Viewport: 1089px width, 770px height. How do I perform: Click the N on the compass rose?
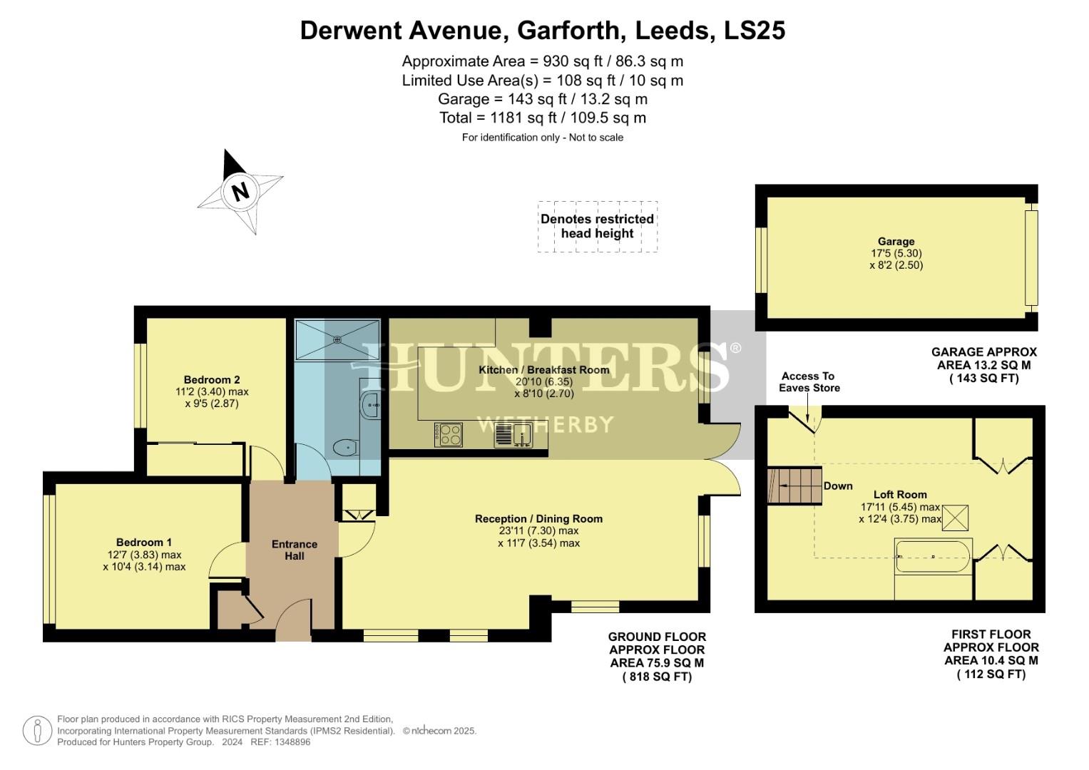click(x=240, y=191)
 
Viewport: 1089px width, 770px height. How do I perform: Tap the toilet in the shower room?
click(x=344, y=447)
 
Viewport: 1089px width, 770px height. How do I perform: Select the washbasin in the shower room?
click(x=371, y=405)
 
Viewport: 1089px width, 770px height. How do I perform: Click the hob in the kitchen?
click(x=449, y=434)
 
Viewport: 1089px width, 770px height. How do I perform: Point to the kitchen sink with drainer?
click(x=513, y=434)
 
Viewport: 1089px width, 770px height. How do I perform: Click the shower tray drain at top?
click(x=337, y=339)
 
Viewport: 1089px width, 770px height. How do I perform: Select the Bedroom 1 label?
click(x=144, y=542)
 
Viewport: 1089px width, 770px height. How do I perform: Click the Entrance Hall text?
click(x=294, y=550)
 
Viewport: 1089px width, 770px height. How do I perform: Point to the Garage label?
click(x=896, y=241)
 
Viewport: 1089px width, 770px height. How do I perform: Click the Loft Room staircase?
click(x=794, y=486)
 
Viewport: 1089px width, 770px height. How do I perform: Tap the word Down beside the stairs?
click(x=838, y=486)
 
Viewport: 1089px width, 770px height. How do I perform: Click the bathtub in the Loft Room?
click(x=933, y=556)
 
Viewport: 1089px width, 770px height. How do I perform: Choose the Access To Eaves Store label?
click(x=809, y=382)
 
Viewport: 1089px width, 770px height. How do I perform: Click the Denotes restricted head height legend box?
click(x=597, y=226)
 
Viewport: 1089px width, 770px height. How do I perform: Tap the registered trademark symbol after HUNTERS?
click(x=735, y=348)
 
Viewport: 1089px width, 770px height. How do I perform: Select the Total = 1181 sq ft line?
click(x=543, y=118)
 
